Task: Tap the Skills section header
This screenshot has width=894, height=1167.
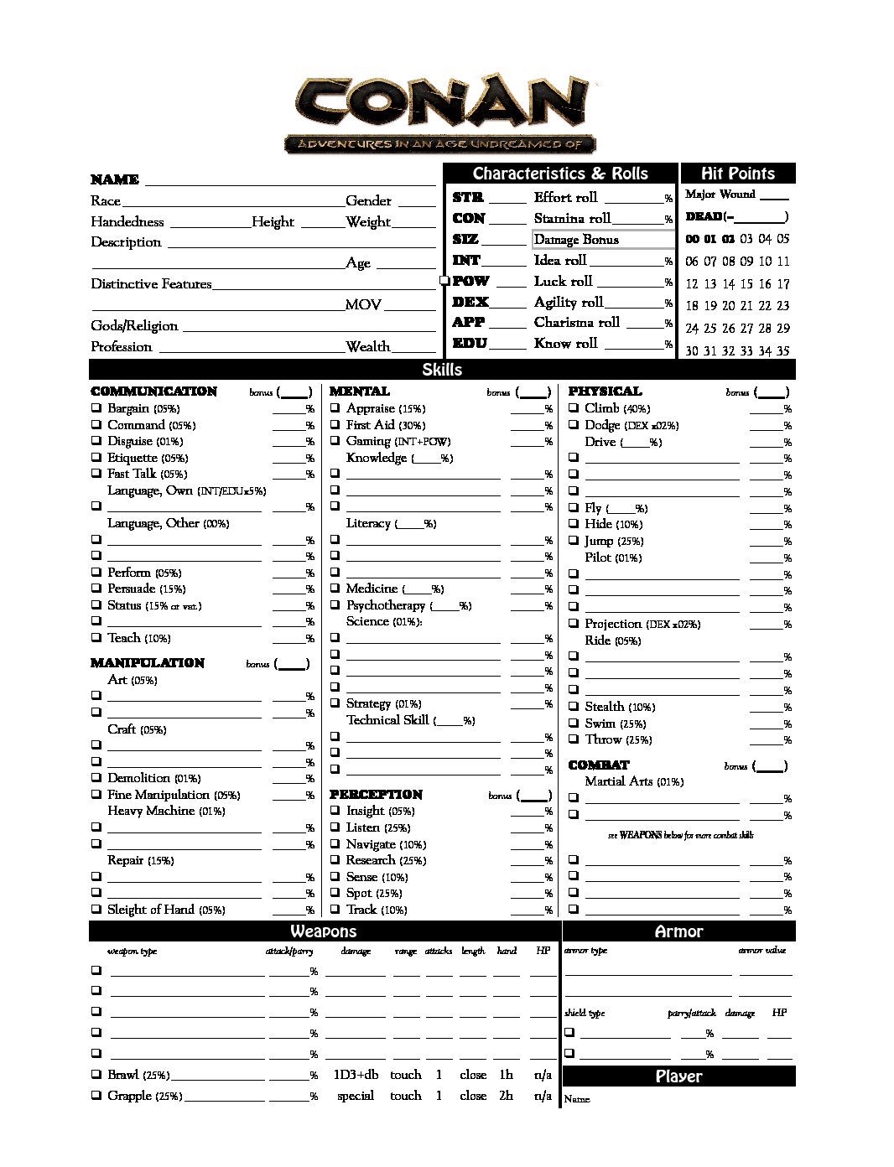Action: click(x=442, y=370)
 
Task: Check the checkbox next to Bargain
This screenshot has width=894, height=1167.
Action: click(x=96, y=409)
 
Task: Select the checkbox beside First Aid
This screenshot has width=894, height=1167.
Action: click(x=335, y=425)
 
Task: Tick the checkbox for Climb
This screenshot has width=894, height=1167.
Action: click(x=574, y=408)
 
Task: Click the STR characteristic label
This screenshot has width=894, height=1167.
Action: click(x=467, y=198)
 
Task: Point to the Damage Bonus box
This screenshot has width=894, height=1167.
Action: click(x=603, y=240)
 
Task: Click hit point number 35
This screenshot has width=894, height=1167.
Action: click(x=782, y=351)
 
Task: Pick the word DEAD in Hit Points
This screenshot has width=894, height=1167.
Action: click(x=704, y=217)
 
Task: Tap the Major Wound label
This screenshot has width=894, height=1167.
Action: click(x=720, y=194)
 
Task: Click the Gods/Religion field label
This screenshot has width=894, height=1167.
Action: click(x=134, y=326)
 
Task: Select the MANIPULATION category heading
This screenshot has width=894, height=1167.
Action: click(x=148, y=663)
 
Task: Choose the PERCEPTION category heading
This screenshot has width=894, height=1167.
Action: click(x=376, y=795)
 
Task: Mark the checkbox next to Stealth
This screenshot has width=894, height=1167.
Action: click(x=574, y=707)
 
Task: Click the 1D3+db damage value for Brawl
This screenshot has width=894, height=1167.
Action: click(x=356, y=1075)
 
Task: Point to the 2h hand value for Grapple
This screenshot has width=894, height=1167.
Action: click(x=506, y=1096)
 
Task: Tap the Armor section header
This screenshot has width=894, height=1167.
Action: click(x=678, y=931)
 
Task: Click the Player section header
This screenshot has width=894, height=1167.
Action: click(x=678, y=1076)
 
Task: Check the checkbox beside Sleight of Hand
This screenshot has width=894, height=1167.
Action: click(x=96, y=910)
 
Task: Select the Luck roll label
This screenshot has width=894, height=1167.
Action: click(x=563, y=282)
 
